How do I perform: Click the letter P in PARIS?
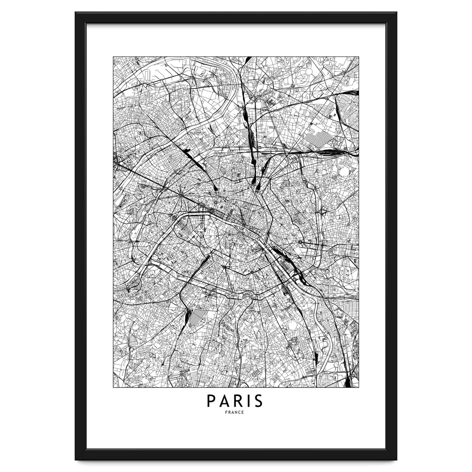click(x=211, y=402)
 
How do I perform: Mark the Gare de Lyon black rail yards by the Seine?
click(x=280, y=252)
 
